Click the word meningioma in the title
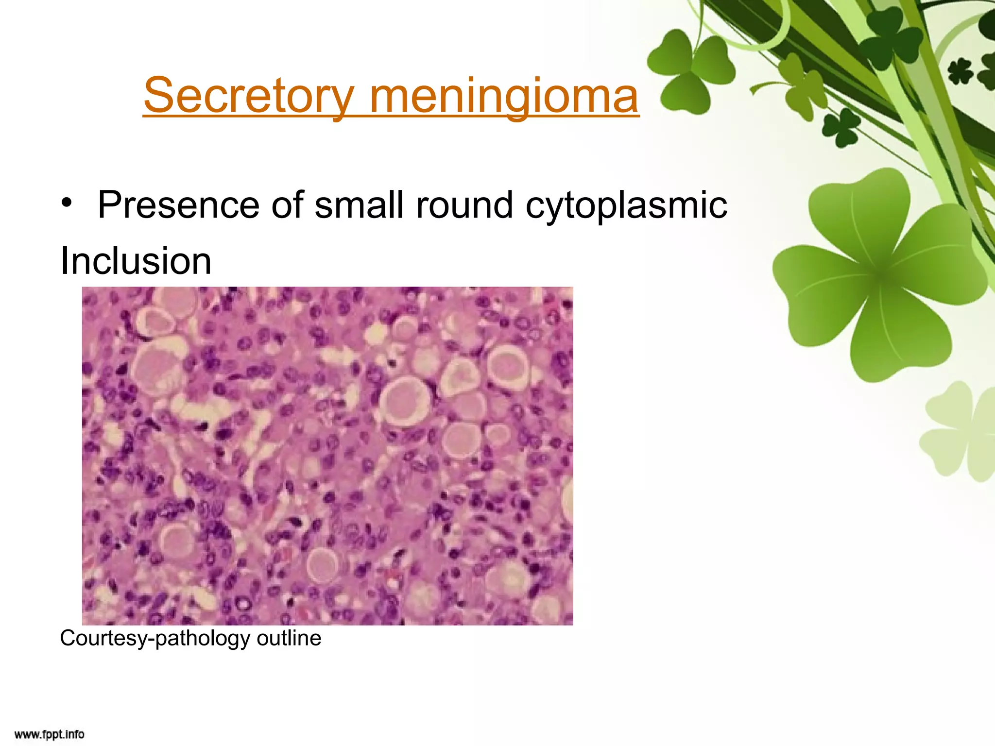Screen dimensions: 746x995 [x=504, y=96]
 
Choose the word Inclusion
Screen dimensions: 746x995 [x=136, y=261]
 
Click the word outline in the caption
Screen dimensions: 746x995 [x=289, y=638]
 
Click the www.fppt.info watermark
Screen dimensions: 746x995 [x=49, y=734]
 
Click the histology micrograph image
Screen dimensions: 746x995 [x=327, y=456]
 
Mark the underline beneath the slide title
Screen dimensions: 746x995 [x=391, y=116]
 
